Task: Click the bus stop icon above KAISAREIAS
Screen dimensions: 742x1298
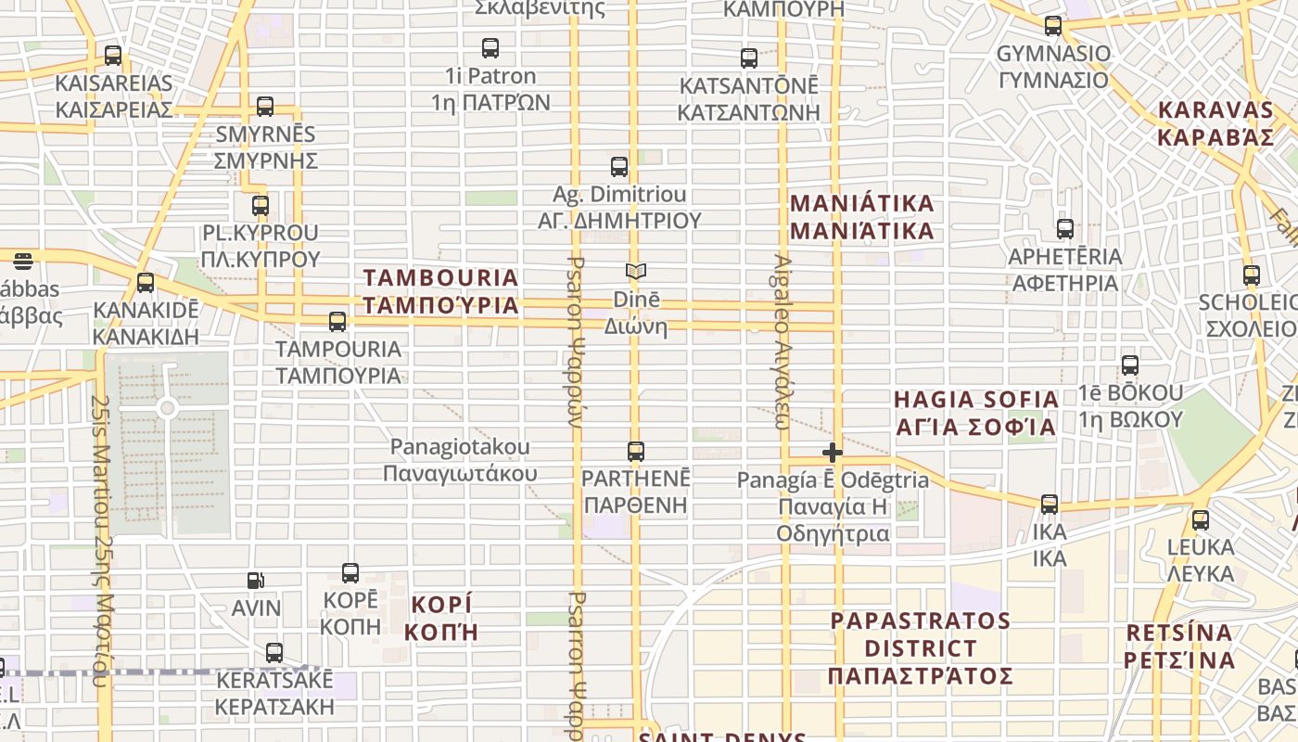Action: coord(113,56)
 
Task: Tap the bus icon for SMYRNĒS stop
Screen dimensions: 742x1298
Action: coord(265,107)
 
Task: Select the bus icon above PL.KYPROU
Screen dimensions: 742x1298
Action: coord(261,206)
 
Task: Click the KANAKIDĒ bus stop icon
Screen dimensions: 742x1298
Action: coord(146,283)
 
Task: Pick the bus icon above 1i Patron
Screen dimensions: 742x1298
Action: coord(490,48)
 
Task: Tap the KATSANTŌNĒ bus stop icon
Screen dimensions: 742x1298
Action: coord(749,58)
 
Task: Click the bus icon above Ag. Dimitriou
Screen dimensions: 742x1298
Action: coord(619,167)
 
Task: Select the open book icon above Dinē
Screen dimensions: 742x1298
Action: coord(635,272)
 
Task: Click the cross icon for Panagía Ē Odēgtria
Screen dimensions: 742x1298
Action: coord(833,453)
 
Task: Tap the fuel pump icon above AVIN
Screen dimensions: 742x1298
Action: coord(256,582)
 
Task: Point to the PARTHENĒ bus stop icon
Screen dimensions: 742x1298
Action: coord(636,452)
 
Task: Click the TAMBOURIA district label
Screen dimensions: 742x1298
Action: coord(440,291)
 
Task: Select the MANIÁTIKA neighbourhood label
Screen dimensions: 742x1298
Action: coord(861,217)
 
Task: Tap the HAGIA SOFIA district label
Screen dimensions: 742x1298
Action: coord(975,413)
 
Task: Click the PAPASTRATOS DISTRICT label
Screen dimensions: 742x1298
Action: coord(920,647)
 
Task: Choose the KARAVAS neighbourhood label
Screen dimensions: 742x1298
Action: coord(1216,123)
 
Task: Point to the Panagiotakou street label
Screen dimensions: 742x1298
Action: coord(461,460)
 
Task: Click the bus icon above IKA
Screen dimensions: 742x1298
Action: coord(1050,504)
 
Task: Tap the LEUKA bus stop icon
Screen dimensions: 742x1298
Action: coord(1201,520)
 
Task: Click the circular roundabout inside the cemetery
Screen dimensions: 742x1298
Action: coord(167,408)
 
